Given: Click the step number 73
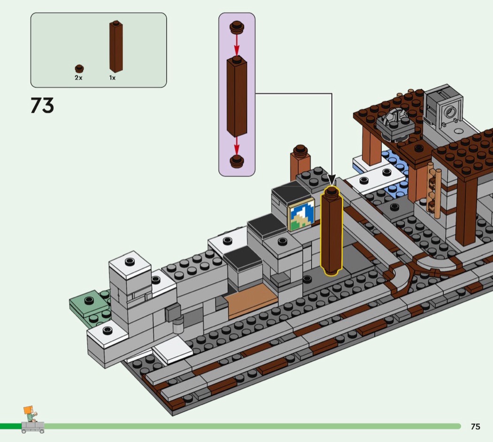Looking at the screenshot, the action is [42, 105].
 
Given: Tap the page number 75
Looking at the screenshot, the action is [475, 427].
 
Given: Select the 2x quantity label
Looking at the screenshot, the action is [78, 77].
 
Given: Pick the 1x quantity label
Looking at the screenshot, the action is [112, 77].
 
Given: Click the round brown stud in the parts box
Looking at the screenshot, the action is [79, 69].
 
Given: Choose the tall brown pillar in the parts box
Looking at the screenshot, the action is [116, 46].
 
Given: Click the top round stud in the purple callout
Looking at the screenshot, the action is [237, 27].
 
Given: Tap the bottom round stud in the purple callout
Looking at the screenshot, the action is [237, 161].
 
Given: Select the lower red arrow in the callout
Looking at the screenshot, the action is [237, 145].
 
